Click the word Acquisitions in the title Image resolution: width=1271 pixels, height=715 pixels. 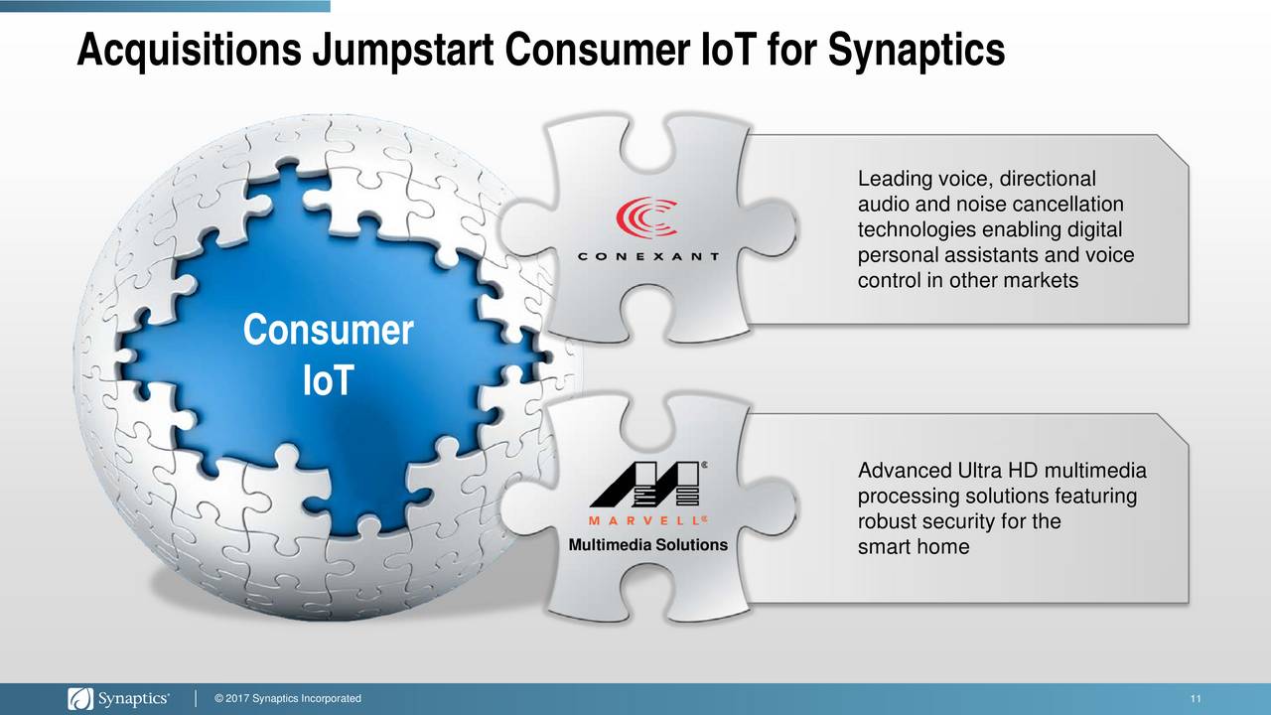(x=189, y=50)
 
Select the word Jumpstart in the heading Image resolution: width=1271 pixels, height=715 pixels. (x=403, y=50)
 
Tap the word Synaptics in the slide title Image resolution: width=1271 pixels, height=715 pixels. (x=917, y=50)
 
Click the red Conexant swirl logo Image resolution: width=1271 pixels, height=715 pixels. (x=646, y=217)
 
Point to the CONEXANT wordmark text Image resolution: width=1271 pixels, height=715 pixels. (x=648, y=256)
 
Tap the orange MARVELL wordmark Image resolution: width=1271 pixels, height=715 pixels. (x=646, y=520)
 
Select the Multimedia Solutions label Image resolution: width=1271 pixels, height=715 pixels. (x=648, y=545)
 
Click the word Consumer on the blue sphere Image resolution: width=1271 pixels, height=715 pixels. (x=328, y=330)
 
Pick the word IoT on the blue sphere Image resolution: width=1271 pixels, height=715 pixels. (x=328, y=380)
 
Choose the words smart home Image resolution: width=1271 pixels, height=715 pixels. (x=914, y=547)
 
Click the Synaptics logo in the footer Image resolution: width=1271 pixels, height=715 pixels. (x=118, y=698)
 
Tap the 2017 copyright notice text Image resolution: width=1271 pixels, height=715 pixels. (x=288, y=698)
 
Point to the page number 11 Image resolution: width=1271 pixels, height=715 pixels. (x=1196, y=699)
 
